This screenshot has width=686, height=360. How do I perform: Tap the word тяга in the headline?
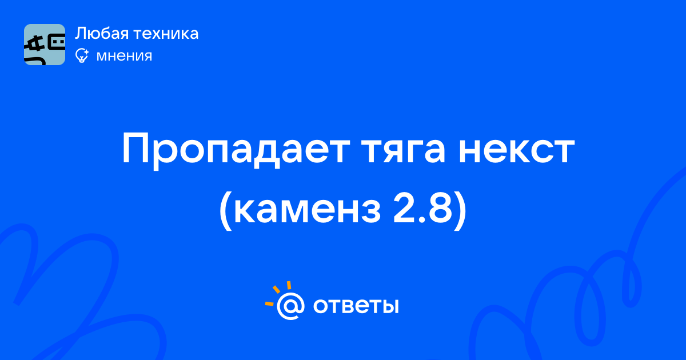[404, 151]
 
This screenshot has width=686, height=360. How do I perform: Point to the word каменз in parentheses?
[307, 211]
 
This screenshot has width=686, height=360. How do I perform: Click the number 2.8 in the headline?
[422, 207]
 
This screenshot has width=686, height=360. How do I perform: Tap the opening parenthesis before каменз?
[225, 211]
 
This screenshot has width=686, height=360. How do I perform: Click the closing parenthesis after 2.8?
[461, 211]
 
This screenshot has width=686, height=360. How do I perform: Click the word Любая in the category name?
[102, 33]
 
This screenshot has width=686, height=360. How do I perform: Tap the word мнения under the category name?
[124, 56]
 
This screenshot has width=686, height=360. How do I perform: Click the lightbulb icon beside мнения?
[82, 55]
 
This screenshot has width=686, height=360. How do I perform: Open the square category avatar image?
[45, 45]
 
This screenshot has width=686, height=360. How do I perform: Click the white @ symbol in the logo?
[290, 306]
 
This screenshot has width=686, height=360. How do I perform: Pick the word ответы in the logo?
[356, 306]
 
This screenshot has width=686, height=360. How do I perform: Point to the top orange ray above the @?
[289, 285]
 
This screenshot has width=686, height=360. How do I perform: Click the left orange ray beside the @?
[269, 303]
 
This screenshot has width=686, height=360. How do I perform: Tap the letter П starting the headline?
[135, 149]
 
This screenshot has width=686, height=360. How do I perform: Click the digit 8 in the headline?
[440, 208]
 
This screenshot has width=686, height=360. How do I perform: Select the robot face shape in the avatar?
[57, 43]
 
